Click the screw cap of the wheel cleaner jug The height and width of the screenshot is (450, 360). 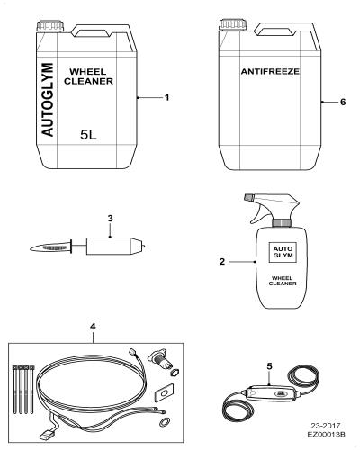pos(50,26)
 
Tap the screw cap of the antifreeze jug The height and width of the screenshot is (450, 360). pos(233,25)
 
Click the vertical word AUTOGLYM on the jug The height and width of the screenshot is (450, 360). pos(48,100)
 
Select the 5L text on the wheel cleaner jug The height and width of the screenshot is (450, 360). pos(88,135)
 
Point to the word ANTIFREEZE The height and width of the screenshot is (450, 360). pos(270,71)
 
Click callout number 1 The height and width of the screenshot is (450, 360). pos(167,97)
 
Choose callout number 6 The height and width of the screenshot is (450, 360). pos(343,102)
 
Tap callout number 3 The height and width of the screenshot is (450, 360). pos(110,219)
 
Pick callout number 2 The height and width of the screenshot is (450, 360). pos(222,262)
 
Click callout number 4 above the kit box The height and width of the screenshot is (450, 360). pos(93,327)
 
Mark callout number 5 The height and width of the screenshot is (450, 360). pos(269,366)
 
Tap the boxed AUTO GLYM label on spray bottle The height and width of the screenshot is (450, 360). pos(283,252)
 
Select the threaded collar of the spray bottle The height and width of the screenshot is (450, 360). pos(282,222)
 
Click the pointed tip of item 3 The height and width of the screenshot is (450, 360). pos(31,248)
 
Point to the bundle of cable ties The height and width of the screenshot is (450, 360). pos(23,389)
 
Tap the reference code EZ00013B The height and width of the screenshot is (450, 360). pos(326,435)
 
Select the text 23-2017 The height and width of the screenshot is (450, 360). pos(326,426)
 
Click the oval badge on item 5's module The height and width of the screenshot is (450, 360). pos(281,394)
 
